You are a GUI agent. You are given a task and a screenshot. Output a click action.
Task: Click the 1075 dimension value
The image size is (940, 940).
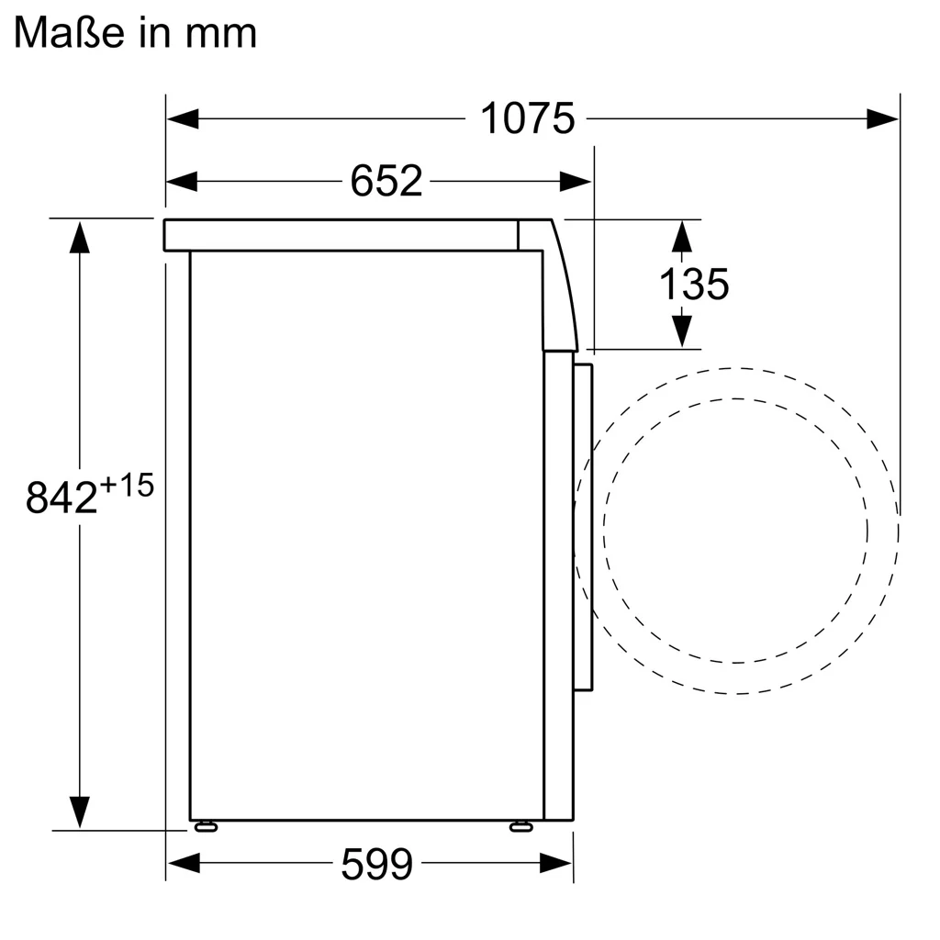pyautogui.click(x=527, y=118)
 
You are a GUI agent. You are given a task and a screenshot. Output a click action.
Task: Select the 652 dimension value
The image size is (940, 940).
pyautogui.click(x=386, y=182)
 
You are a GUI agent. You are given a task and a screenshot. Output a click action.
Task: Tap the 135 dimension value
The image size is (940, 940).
pyautogui.click(x=694, y=285)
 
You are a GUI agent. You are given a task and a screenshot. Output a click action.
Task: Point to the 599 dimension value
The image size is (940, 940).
pyautogui.click(x=376, y=864)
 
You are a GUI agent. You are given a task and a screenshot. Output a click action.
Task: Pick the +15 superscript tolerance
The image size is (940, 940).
pyautogui.click(x=126, y=485)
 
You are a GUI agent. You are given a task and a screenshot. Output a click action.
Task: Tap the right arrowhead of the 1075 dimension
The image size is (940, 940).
pyautogui.click(x=883, y=118)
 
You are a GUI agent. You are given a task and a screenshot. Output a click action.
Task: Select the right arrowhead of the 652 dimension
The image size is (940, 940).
pyautogui.click(x=576, y=182)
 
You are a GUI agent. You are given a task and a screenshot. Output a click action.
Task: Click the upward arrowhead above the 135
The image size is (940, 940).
pyautogui.click(x=681, y=236)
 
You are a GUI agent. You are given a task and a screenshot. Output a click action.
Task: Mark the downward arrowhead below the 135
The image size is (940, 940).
pyautogui.click(x=681, y=331)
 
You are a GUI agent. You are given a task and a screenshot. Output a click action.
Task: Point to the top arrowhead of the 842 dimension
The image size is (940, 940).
pyautogui.click(x=80, y=236)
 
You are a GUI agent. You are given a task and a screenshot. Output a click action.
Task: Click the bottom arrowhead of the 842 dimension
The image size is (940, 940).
pyautogui.click(x=80, y=812)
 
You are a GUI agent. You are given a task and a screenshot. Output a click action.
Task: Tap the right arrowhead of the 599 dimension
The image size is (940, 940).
pyautogui.click(x=557, y=863)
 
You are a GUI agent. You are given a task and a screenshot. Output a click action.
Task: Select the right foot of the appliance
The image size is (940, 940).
pyautogui.click(x=520, y=826)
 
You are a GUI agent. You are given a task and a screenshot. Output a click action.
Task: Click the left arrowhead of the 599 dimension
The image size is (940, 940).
pyautogui.click(x=183, y=863)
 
